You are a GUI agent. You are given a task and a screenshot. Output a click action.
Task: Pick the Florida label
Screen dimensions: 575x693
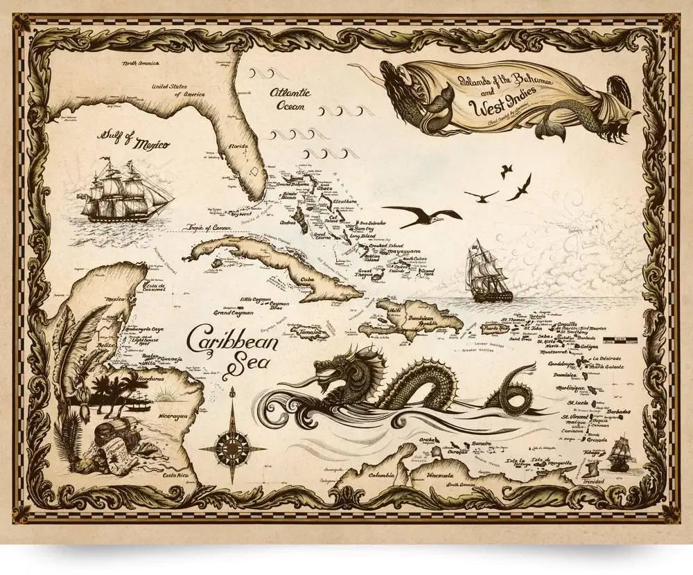[x=243, y=147]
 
